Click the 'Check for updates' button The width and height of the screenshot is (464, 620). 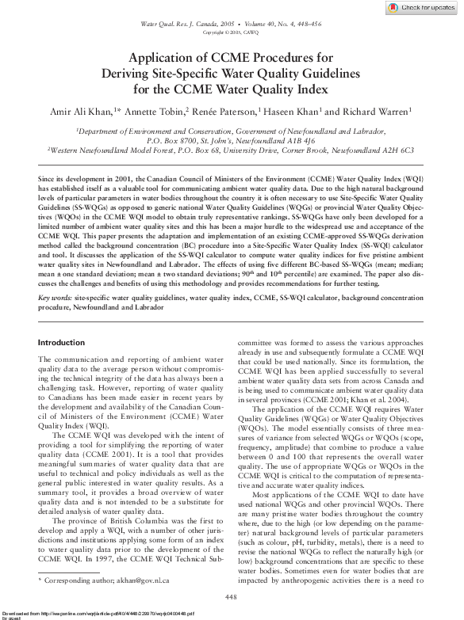click(x=420, y=8)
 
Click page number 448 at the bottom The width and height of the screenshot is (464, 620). click(x=232, y=595)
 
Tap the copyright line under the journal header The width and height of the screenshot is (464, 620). click(x=232, y=33)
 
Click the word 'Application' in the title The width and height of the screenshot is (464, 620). click(x=169, y=58)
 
